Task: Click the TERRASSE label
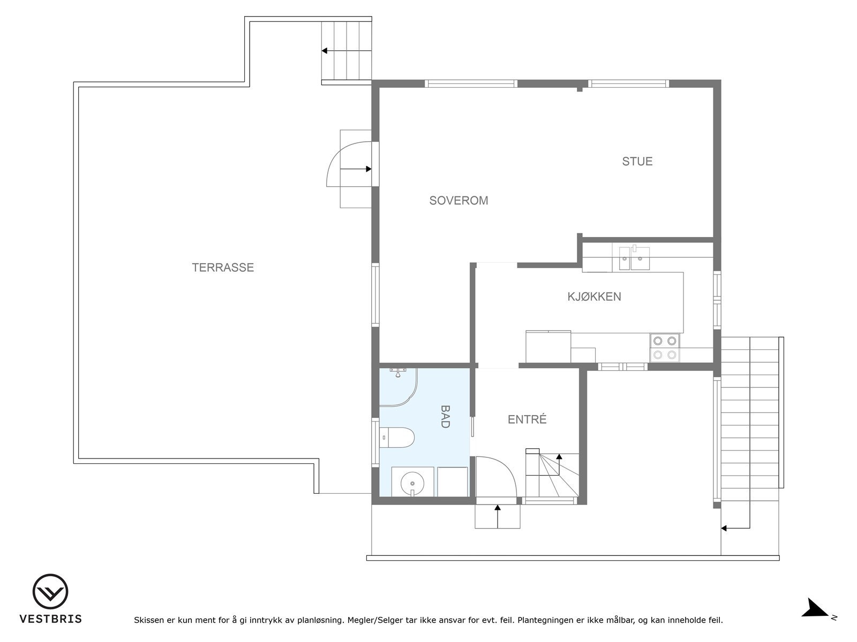tap(222, 267)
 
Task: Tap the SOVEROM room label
tap(458, 200)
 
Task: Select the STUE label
tap(637, 162)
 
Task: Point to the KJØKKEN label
tap(594, 296)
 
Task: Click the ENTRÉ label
tap(527, 419)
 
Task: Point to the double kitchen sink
tap(634, 258)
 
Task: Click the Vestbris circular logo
tap(50, 592)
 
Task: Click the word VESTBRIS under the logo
tap(51, 619)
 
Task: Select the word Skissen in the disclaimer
tap(149, 620)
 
